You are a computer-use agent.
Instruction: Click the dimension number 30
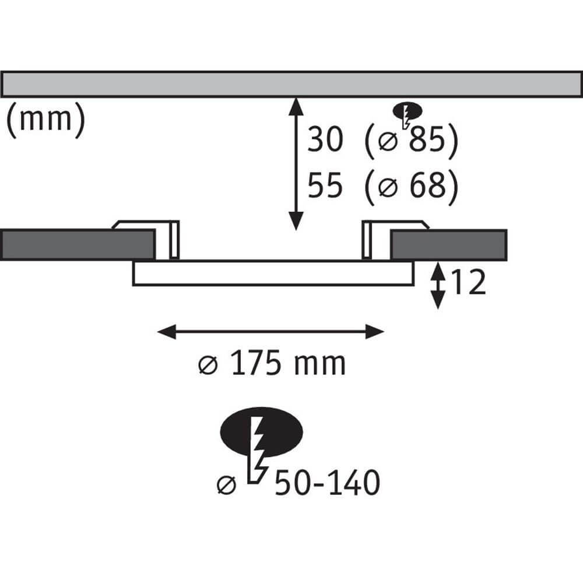click(325, 139)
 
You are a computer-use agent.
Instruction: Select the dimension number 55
click(325, 185)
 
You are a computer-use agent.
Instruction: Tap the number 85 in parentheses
click(427, 139)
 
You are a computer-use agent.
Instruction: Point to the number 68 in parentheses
click(427, 185)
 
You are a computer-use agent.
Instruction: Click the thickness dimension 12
click(468, 282)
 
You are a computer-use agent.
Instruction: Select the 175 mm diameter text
click(272, 363)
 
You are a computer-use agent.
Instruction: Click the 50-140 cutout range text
click(327, 483)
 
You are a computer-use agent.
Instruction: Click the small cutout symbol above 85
click(408, 114)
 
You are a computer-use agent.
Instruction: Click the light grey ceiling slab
click(291, 85)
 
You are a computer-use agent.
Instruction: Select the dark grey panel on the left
click(78, 245)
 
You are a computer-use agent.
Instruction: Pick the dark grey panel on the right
click(449, 245)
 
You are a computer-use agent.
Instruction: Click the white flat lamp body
click(273, 273)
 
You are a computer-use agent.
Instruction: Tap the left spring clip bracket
click(149, 240)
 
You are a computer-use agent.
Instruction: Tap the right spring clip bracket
click(396, 240)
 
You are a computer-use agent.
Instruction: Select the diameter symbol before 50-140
click(226, 485)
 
